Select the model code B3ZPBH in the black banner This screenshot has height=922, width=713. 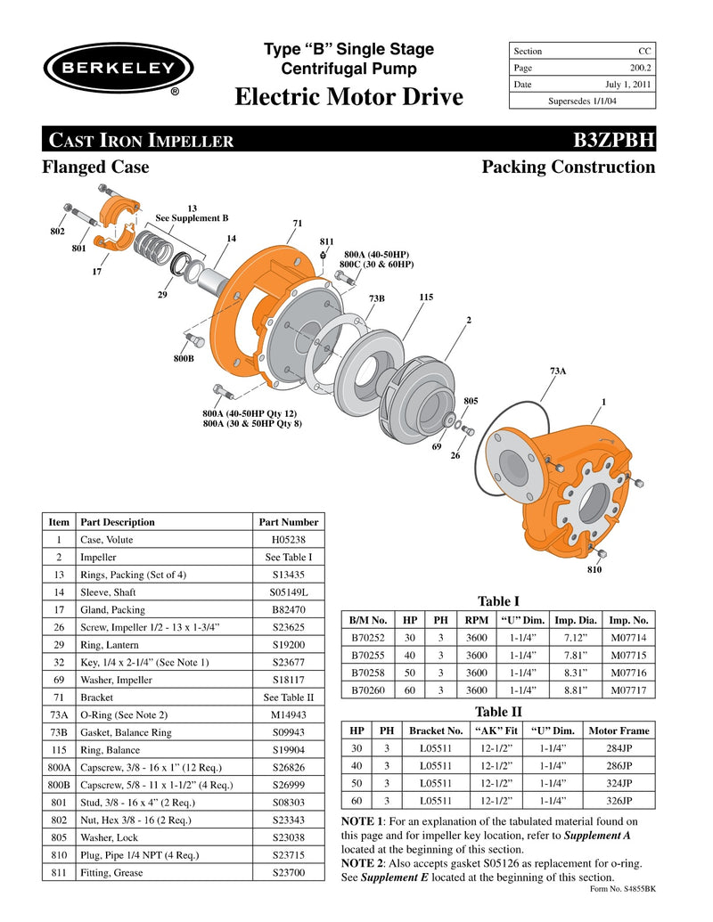(614, 140)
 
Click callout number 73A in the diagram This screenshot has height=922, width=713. (557, 370)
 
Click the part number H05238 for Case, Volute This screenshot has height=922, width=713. (287, 540)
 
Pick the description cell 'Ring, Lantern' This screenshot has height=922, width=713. (110, 644)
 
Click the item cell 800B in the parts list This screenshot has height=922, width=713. (59, 784)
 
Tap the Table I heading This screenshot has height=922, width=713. (498, 601)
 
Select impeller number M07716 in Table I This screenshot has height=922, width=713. (628, 673)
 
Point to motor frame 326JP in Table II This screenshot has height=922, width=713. (619, 800)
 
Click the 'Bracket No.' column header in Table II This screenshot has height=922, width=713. (436, 730)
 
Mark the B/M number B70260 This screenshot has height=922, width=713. (368, 689)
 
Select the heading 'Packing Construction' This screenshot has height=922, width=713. (568, 167)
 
